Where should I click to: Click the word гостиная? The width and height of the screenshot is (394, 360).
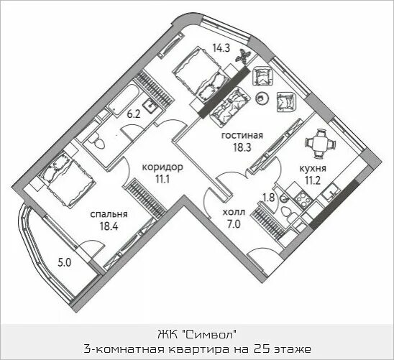pos(240,134)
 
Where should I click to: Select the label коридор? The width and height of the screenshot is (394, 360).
pos(162,167)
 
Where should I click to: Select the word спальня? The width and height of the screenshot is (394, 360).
pos(109,214)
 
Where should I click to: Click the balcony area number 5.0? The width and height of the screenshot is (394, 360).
pos(64,262)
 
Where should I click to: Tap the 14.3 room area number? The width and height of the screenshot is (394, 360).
pos(221,49)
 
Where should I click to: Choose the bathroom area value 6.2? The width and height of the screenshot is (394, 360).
pos(133,113)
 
